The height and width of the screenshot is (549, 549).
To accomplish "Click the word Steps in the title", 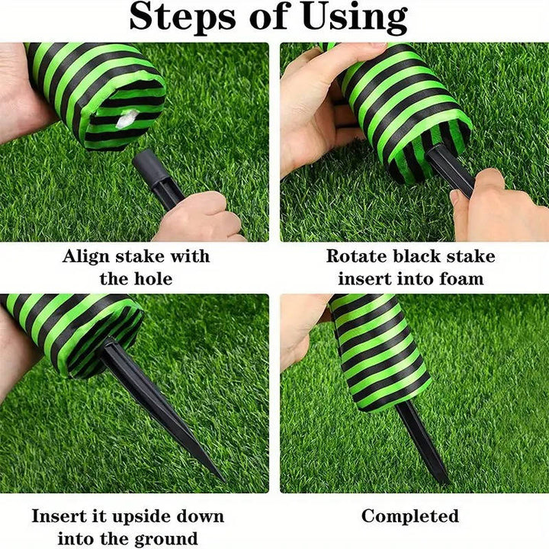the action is tap(183, 17).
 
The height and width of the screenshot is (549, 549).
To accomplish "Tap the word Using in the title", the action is tap(355, 18).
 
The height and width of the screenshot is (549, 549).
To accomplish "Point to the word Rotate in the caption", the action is tap(357, 256).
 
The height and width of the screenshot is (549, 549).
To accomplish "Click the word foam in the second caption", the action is tap(462, 279).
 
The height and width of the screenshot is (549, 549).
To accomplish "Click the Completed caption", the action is tap(410, 516).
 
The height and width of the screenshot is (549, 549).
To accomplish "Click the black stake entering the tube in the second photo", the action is tap(450, 168).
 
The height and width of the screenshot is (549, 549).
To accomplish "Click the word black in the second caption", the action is tap(418, 256).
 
